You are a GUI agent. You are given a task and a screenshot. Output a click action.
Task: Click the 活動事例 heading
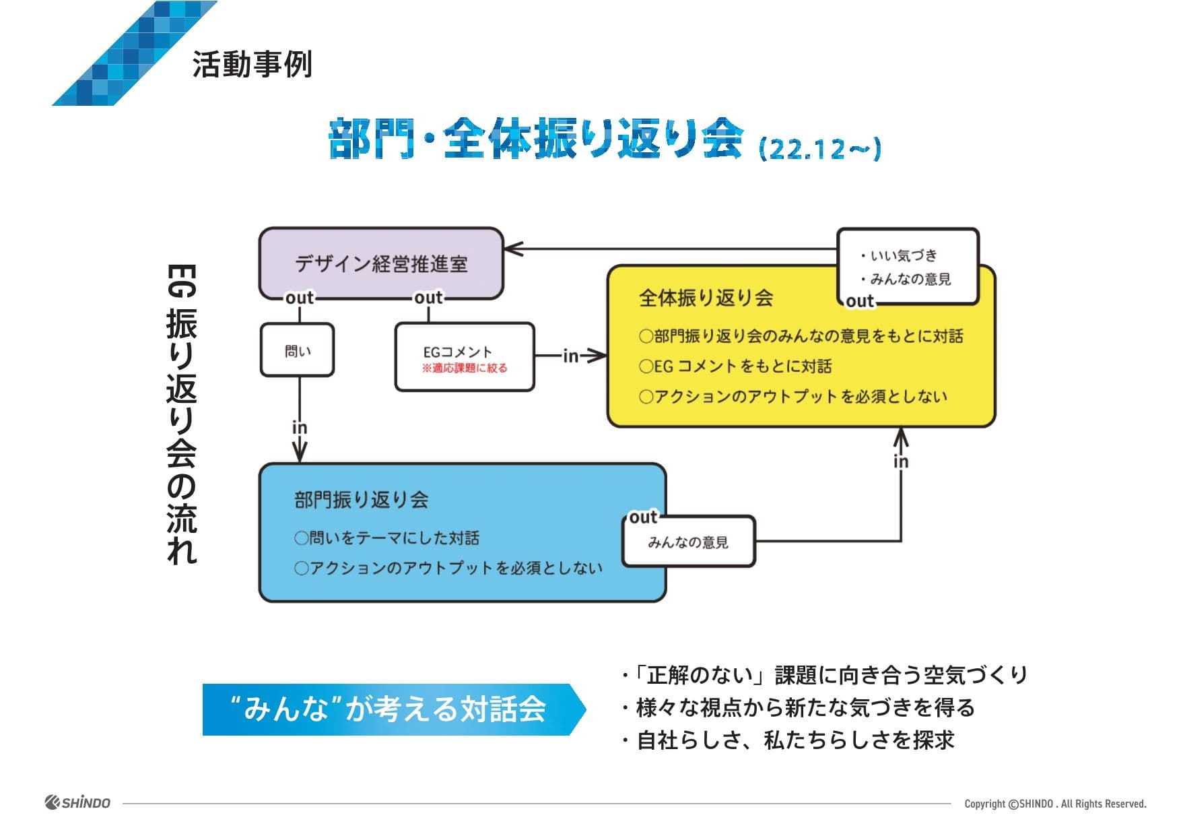[252, 65]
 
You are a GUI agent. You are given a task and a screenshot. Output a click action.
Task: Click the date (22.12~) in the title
[819, 148]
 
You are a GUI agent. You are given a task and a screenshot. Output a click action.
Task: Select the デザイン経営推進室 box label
[381, 263]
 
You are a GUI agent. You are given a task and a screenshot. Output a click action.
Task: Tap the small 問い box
[297, 350]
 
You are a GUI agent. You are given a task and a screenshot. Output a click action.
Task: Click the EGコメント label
[457, 352]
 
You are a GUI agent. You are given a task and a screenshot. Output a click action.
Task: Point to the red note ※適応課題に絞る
[465, 368]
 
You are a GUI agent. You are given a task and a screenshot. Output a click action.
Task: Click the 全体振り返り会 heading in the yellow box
[705, 298]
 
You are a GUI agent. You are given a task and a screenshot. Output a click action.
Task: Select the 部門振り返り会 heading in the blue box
[361, 499]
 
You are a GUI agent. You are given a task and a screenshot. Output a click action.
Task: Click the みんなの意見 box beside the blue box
[688, 542]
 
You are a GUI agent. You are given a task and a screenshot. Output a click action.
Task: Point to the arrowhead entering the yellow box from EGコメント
[597, 355]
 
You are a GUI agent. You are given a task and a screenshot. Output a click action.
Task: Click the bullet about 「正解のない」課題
[825, 674]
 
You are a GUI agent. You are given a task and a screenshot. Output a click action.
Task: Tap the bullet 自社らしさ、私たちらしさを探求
[788, 740]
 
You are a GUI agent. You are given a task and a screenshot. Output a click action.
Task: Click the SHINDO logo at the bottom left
[77, 802]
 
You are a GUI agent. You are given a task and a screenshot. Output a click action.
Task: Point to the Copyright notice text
[1054, 804]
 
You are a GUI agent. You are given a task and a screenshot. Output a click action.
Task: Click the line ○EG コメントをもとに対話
[735, 366]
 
